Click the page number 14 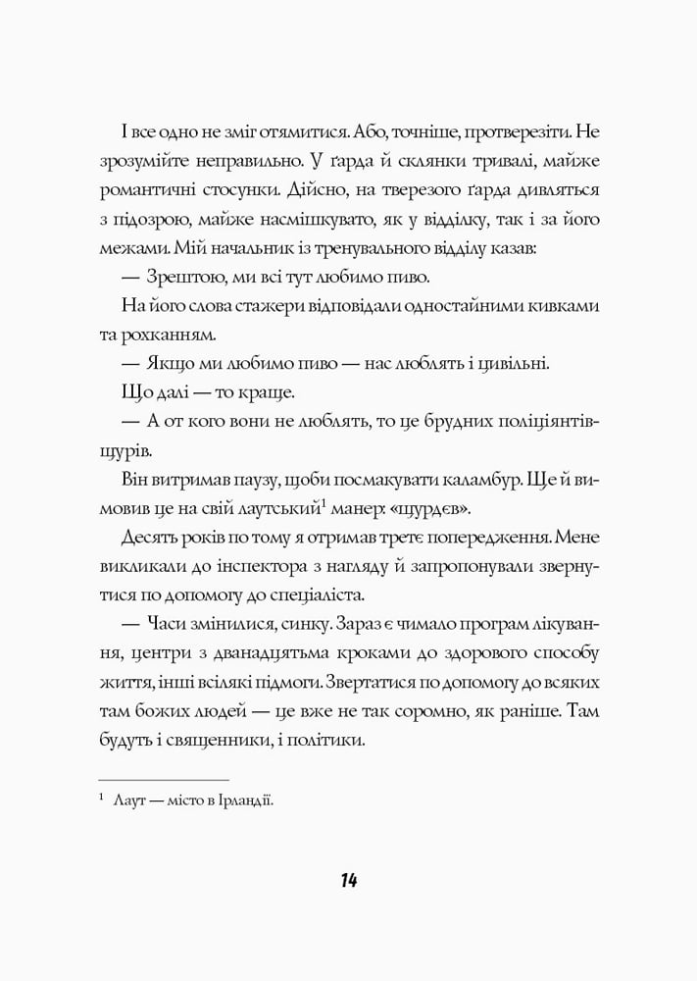click(349, 879)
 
